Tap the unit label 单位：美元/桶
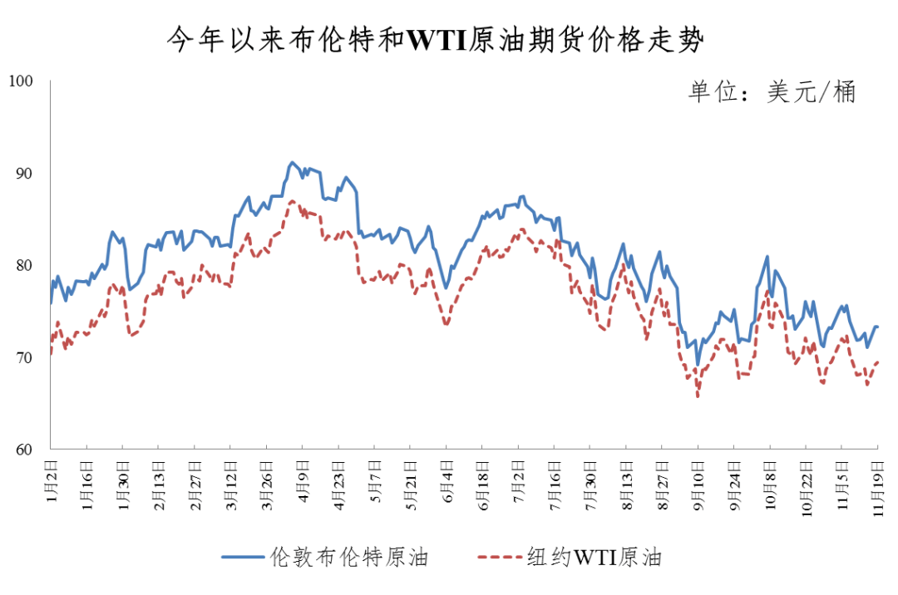(x=771, y=92)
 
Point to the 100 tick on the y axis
(x=19, y=81)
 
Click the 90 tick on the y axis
(x=22, y=173)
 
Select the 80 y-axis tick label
(x=22, y=265)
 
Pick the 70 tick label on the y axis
(x=22, y=357)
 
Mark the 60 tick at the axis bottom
(x=22, y=450)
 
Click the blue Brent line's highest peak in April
(x=292, y=162)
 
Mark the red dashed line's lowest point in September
(x=698, y=396)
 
